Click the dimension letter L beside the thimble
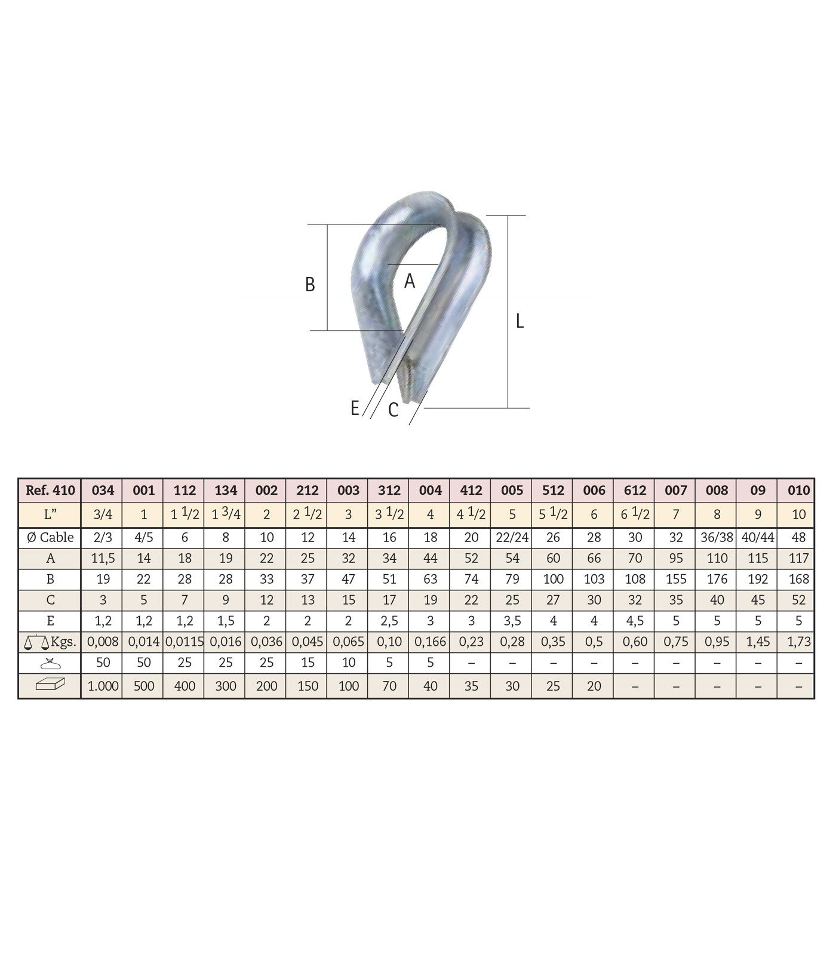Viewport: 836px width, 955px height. pyautogui.click(x=520, y=321)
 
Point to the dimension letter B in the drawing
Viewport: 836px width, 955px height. pyautogui.click(x=310, y=285)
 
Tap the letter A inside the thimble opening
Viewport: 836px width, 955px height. pyautogui.click(x=409, y=281)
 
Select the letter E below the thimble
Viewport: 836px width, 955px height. pyautogui.click(x=355, y=408)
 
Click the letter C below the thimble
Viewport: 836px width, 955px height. pyautogui.click(x=393, y=410)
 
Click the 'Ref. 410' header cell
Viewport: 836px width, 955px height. pyautogui.click(x=51, y=490)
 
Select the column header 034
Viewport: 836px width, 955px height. pyautogui.click(x=103, y=490)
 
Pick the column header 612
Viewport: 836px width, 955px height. pyautogui.click(x=635, y=490)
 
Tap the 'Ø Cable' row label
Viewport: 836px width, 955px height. pyautogui.click(x=51, y=537)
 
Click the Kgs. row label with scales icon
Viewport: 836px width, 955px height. pyautogui.click(x=51, y=642)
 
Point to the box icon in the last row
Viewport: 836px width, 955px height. pyautogui.click(x=51, y=685)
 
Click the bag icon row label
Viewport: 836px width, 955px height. pyautogui.click(x=51, y=663)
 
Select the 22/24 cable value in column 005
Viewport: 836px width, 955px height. pyautogui.click(x=512, y=537)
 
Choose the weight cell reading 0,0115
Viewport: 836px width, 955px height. pyautogui.click(x=185, y=642)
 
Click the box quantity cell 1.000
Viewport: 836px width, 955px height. pyautogui.click(x=103, y=686)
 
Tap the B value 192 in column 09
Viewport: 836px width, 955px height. pyautogui.click(x=758, y=579)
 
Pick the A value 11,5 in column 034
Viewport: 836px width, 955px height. pyautogui.click(x=103, y=558)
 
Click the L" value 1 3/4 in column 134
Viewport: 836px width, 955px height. pyautogui.click(x=225, y=514)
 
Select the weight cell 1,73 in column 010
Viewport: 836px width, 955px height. pyautogui.click(x=798, y=642)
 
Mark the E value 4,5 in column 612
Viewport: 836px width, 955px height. pyautogui.click(x=635, y=621)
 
